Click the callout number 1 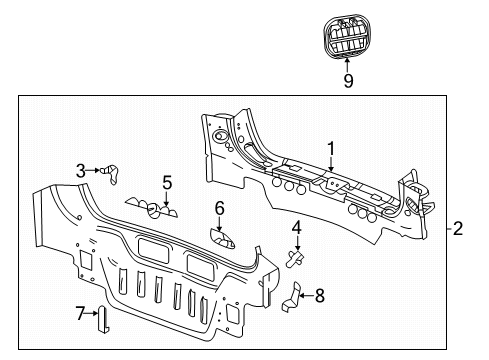[330, 147]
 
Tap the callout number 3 [81, 170]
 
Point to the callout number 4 [297, 229]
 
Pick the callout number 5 [167, 182]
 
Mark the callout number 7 [81, 315]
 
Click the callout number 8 [320, 295]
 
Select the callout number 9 [349, 81]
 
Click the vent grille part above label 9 [349, 37]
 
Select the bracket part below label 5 [152, 208]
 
